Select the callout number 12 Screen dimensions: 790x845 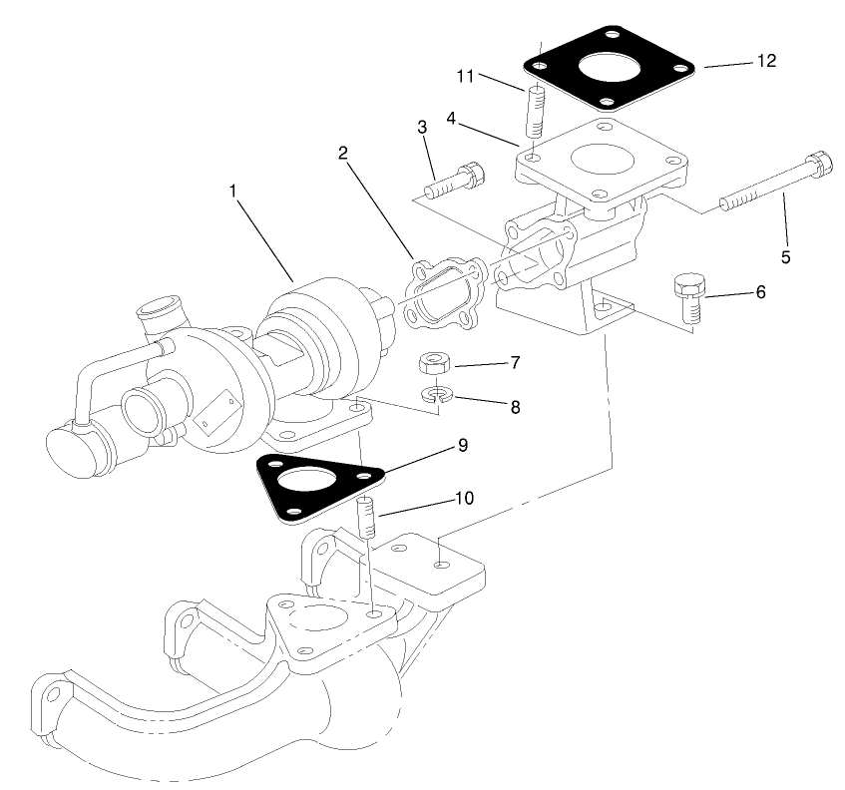(x=766, y=61)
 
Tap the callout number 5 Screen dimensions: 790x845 (x=785, y=257)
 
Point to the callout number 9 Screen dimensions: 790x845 (x=463, y=445)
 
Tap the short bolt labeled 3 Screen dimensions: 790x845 (x=453, y=182)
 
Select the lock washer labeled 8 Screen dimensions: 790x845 (x=435, y=396)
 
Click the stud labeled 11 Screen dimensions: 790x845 (x=535, y=112)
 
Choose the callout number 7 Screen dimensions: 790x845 (x=515, y=362)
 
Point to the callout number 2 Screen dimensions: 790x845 (x=342, y=153)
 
